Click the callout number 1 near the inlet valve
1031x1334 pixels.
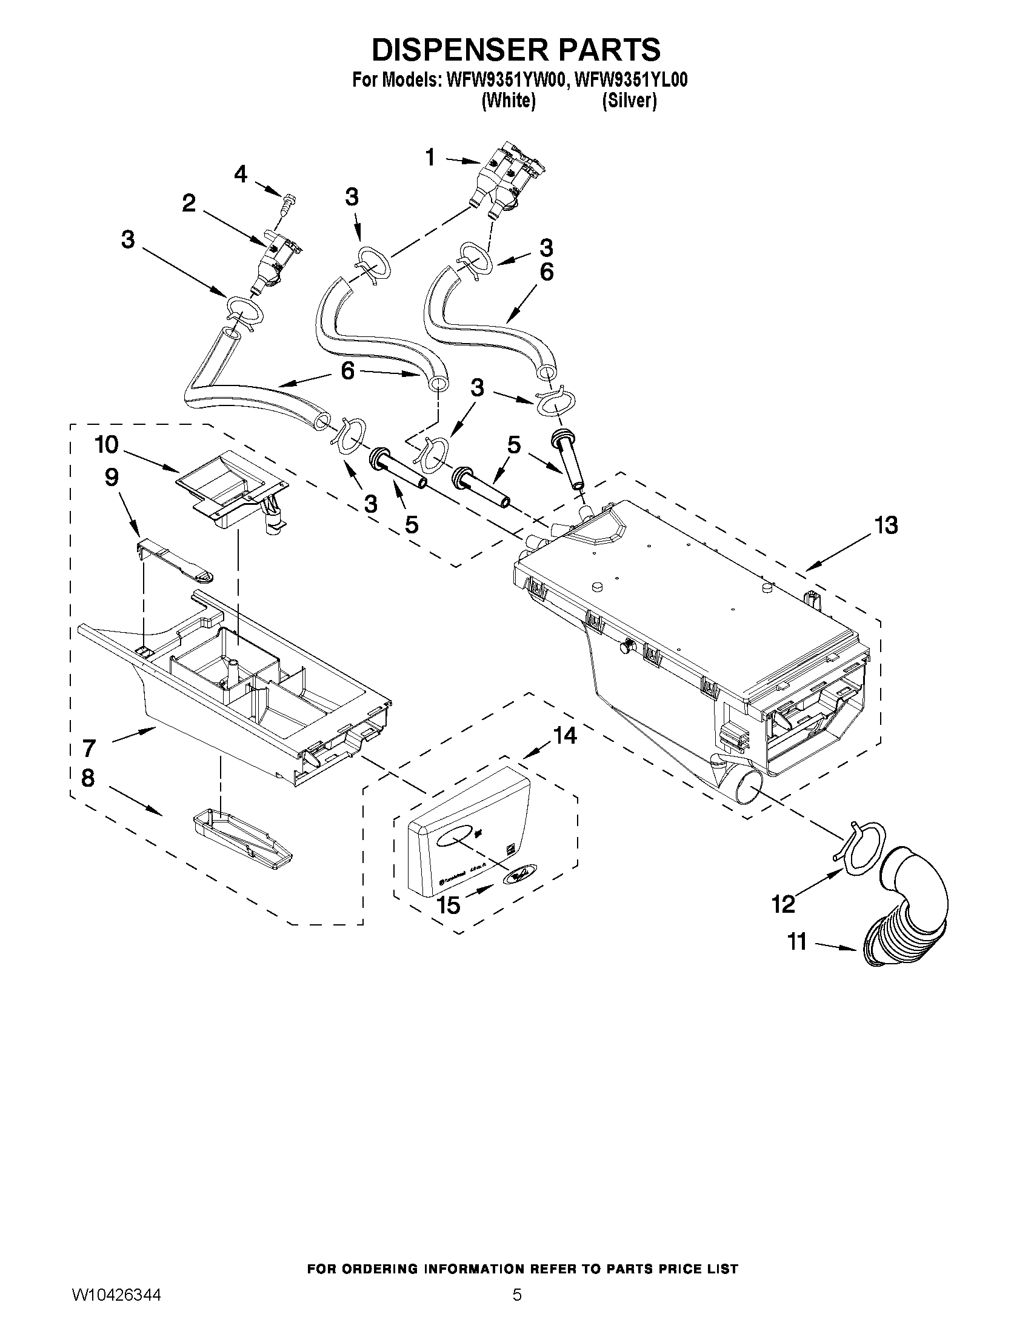coord(430,158)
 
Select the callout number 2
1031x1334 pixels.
coord(189,204)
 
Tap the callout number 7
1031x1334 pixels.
coord(89,749)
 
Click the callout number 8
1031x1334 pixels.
coord(88,778)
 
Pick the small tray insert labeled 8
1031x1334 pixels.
coord(241,838)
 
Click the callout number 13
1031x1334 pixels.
coord(886,525)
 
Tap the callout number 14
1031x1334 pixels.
coord(565,736)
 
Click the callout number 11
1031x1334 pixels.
coord(798,942)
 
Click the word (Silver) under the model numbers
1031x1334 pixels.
coord(629,101)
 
